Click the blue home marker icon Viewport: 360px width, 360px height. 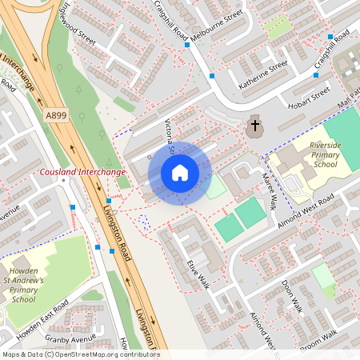(x=180, y=173)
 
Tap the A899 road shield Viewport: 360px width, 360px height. (x=55, y=115)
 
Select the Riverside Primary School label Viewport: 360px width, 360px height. (x=313, y=154)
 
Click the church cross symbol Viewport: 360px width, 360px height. (x=255, y=126)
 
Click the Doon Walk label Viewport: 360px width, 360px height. (x=294, y=295)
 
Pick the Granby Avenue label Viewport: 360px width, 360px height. (x=70, y=338)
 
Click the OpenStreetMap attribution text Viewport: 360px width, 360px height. (x=80, y=354)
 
